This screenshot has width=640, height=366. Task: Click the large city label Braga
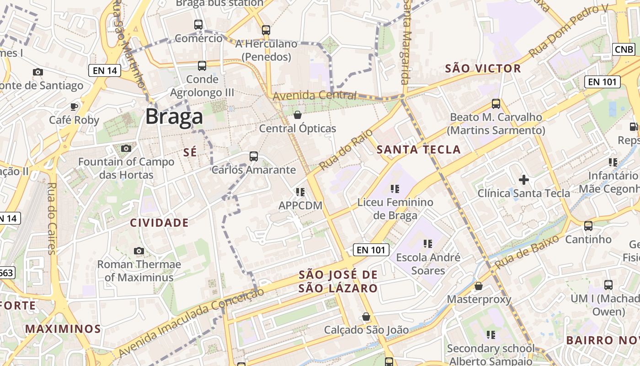click(x=174, y=117)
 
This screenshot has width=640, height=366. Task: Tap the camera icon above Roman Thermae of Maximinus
click(x=139, y=251)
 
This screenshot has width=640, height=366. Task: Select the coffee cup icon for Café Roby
click(x=74, y=107)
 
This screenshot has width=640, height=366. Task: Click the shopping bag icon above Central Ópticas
click(x=298, y=115)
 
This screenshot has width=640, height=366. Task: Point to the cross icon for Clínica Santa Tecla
click(x=524, y=180)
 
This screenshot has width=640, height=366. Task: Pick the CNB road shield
click(x=624, y=49)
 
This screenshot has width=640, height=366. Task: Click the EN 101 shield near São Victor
click(x=602, y=82)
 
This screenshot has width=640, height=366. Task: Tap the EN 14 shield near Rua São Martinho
click(x=105, y=70)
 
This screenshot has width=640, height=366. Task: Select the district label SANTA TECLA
click(x=418, y=150)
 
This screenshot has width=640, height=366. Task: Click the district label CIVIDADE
click(x=159, y=223)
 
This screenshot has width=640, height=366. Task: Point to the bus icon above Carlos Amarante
click(x=254, y=156)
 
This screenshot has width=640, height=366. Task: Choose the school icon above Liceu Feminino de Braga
click(x=395, y=188)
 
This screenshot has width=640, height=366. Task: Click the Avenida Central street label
click(x=315, y=96)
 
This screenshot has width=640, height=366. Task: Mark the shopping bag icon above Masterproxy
click(x=479, y=286)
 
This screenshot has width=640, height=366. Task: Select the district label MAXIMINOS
click(x=63, y=328)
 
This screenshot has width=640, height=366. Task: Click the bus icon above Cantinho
click(x=588, y=226)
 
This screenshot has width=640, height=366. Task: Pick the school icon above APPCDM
click(x=300, y=192)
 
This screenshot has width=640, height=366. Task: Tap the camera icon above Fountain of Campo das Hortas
click(x=126, y=148)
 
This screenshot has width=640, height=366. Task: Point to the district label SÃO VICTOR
click(x=483, y=69)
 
